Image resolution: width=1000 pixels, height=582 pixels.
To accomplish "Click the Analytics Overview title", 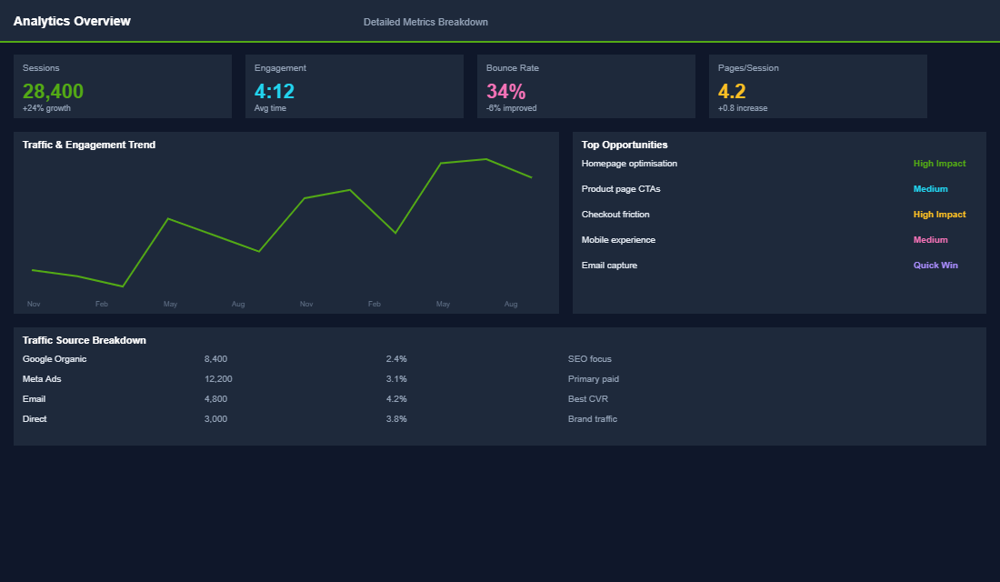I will (72, 21).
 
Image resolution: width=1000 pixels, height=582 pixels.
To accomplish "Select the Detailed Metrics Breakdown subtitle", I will (425, 22).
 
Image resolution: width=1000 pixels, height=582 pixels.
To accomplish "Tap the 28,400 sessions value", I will (53, 91).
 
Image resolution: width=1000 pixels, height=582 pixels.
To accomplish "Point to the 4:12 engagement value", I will (275, 91).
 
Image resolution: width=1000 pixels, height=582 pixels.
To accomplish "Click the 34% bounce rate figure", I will (505, 91).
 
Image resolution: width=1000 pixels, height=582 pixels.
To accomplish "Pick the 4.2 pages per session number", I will (732, 91).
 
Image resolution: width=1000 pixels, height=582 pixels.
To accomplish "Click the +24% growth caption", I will (46, 108).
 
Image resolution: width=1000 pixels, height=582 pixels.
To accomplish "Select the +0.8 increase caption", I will (742, 108).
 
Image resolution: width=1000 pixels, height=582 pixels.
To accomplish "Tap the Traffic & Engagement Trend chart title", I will (89, 145).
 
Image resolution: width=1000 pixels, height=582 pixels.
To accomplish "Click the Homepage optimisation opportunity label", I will (629, 164).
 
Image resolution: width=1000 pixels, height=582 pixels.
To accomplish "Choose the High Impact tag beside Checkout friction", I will (939, 215).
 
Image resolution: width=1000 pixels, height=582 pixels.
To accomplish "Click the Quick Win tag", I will (935, 266).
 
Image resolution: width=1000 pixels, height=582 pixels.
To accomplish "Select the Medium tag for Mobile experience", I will (930, 240).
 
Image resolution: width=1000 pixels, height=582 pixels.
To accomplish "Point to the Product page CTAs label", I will (621, 189).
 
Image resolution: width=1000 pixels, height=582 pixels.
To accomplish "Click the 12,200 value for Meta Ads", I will (218, 379).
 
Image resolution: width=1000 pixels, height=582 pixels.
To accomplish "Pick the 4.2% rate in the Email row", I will (396, 399).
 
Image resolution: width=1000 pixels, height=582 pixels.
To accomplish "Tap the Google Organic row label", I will (55, 359).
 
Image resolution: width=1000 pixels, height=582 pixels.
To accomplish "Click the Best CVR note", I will (587, 399).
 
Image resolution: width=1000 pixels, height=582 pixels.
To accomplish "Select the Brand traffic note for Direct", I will (592, 419).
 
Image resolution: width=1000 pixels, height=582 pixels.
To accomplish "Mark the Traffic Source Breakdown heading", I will (85, 340).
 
